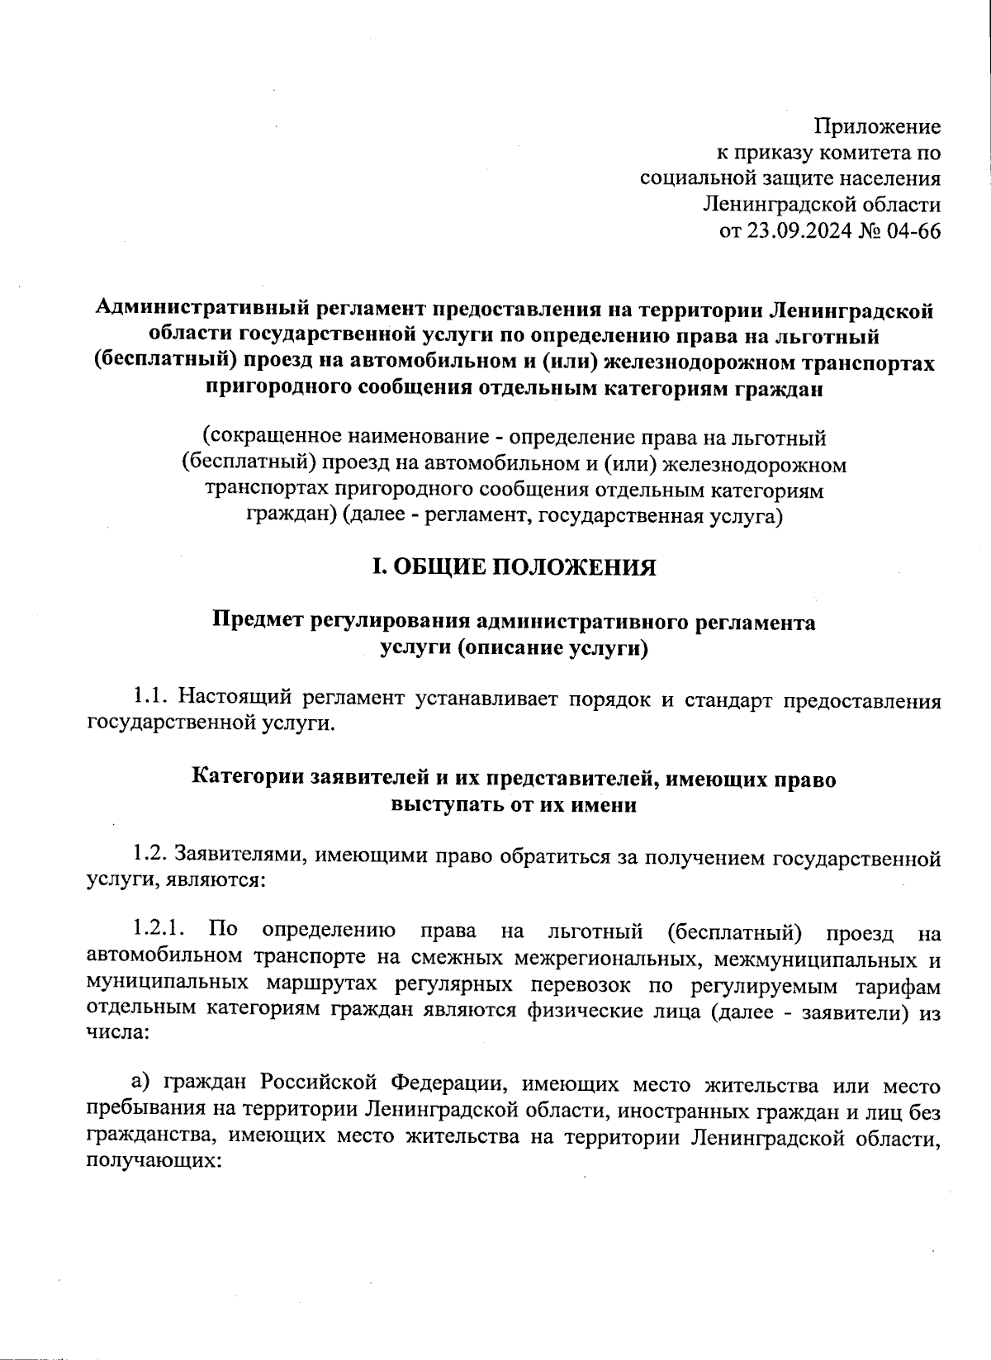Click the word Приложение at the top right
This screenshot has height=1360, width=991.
pos(877,126)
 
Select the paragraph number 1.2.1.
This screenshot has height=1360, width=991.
pos(163,930)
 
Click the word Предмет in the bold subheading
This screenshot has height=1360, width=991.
pos(257,621)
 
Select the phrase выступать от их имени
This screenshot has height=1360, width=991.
pos(514,804)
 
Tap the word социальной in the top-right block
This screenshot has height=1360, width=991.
pos(695,178)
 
